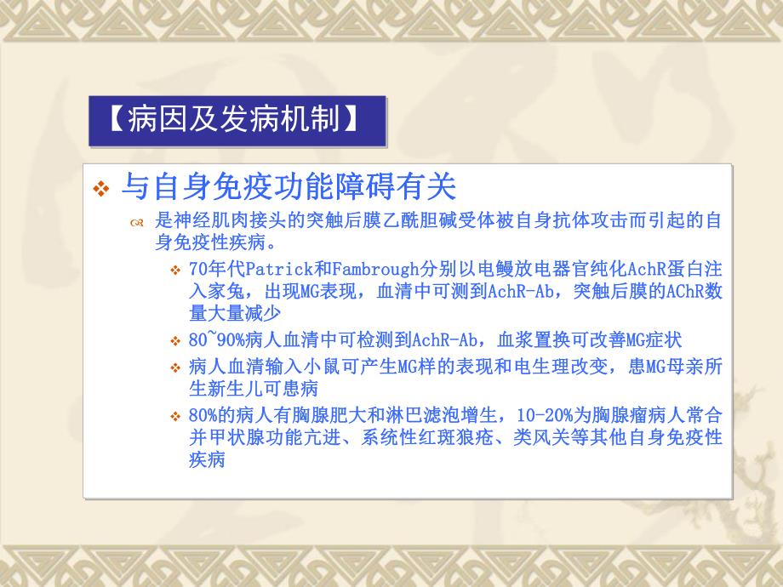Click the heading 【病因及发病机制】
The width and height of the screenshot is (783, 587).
click(x=236, y=120)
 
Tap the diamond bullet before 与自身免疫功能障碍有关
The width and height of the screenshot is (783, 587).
click(x=102, y=188)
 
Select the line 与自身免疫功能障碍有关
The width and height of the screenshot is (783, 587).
click(x=289, y=185)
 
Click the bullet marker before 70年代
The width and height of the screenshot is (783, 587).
click(x=176, y=271)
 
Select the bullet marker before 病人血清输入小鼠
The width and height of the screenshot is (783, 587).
click(x=176, y=368)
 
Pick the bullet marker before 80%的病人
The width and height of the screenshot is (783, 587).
click(x=176, y=417)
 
